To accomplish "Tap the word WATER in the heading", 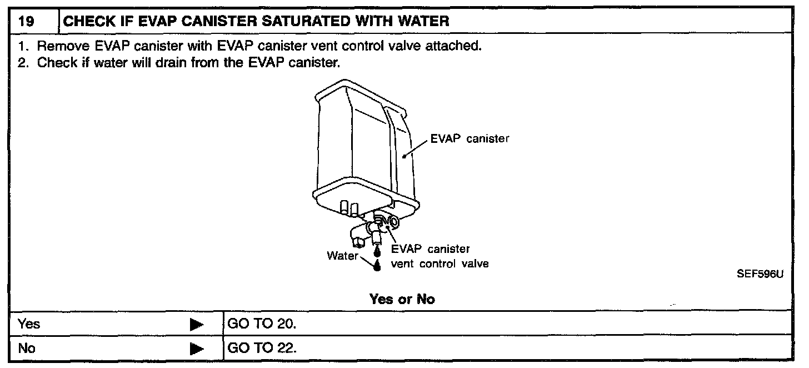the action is click(x=421, y=22).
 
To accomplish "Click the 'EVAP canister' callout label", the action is click(x=470, y=139).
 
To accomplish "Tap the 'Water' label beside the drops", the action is click(x=342, y=256).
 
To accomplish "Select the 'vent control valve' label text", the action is click(x=440, y=264).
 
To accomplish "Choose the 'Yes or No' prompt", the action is click(x=402, y=299).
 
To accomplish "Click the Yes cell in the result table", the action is click(x=29, y=323).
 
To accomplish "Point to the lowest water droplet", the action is click(x=378, y=266).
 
